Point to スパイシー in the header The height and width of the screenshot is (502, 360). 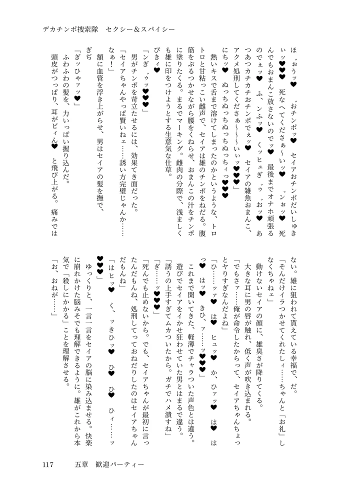coord(161,29)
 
